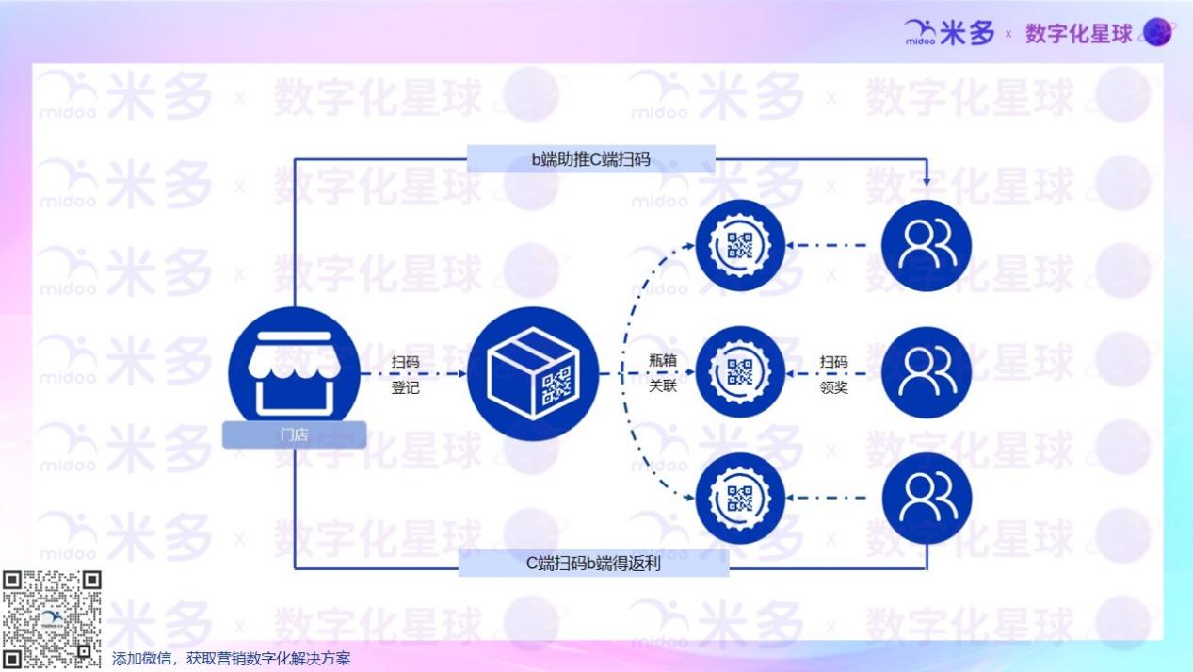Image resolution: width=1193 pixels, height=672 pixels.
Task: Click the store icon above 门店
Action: tap(294, 369)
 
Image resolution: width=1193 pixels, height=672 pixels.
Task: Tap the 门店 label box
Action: tap(294, 434)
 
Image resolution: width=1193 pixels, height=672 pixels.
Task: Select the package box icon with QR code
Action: tap(534, 374)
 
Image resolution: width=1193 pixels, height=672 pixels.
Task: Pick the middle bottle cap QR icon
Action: tap(739, 371)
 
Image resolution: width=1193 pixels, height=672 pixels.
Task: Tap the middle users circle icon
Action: tap(926, 371)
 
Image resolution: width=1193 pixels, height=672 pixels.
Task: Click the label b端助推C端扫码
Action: tap(590, 158)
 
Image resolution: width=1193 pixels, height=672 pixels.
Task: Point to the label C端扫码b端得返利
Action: tap(593, 563)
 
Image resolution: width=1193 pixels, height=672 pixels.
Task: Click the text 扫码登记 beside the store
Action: tap(406, 374)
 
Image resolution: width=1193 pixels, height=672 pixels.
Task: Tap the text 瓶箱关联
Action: tap(663, 373)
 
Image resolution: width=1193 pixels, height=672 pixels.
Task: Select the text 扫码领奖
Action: tap(833, 374)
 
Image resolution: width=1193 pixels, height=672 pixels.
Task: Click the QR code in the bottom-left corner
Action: tap(51, 619)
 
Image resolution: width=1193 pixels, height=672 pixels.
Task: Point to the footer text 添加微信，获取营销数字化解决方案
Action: tap(231, 659)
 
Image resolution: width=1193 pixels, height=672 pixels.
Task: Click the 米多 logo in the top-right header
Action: tap(949, 34)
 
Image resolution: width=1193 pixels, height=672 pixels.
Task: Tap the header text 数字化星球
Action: tap(1078, 34)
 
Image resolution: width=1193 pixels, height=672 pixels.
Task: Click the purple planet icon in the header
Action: tap(1156, 33)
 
